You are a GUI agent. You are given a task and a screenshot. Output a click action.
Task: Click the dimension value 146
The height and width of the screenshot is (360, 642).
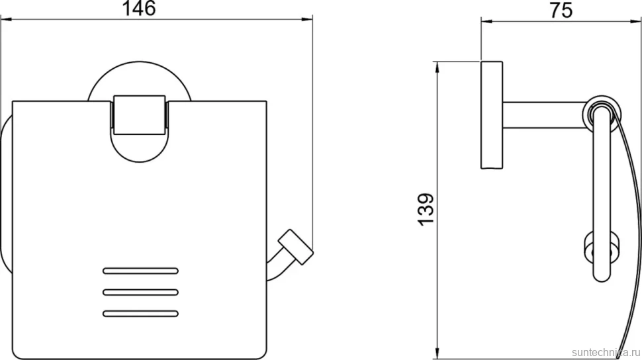click(139, 8)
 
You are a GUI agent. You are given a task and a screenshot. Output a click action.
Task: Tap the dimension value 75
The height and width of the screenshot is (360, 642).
click(561, 10)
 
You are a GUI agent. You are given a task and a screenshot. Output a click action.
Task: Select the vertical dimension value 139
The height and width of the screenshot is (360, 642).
click(426, 209)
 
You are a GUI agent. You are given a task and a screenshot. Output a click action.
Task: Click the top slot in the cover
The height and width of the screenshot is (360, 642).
click(140, 271)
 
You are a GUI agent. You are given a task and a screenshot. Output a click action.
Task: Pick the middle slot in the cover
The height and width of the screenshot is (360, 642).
click(140, 292)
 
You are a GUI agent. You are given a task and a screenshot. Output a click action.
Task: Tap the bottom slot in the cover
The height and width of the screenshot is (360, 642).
click(140, 314)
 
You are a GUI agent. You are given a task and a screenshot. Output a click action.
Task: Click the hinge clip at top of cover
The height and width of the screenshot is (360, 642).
click(139, 115)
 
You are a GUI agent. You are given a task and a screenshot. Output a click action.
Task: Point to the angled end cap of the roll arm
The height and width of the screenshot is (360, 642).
click(296, 247)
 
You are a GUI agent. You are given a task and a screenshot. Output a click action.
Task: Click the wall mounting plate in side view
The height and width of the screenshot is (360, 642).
click(492, 115)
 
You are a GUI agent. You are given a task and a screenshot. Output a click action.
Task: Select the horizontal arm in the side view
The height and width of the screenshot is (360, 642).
click(544, 115)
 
